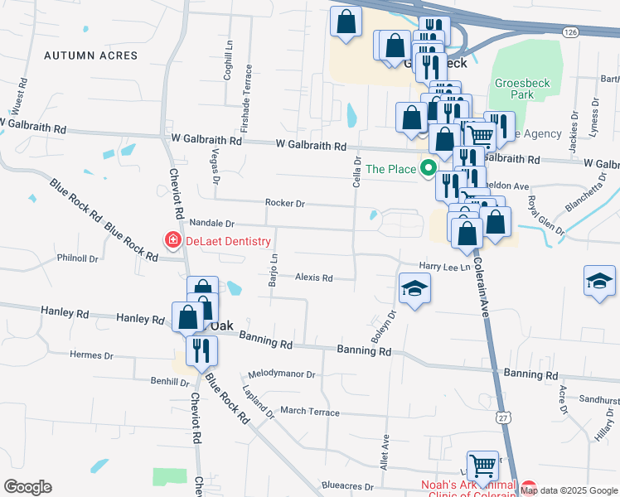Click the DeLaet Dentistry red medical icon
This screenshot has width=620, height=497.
pos(173,241)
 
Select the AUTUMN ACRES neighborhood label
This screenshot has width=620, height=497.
pos(90,55)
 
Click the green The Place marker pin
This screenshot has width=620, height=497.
pos(429,168)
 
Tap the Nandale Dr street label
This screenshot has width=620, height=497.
pos(212,224)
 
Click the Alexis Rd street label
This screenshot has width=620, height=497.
pos(313,278)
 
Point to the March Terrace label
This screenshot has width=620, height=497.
pos(309,412)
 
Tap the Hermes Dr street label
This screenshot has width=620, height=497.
pos(91,355)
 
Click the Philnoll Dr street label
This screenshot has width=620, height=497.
pos(77,258)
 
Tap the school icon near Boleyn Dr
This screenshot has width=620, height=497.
pos(415,288)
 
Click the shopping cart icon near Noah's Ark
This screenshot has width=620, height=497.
pos(483,465)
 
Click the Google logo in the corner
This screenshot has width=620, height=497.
pos(27,487)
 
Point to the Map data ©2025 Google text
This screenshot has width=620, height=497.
pos(569,490)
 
